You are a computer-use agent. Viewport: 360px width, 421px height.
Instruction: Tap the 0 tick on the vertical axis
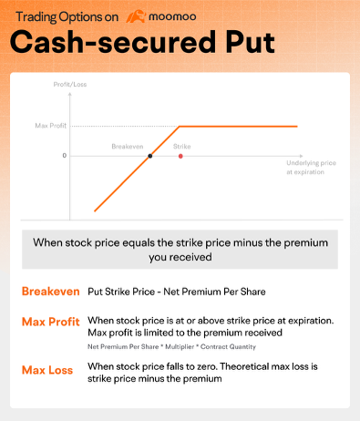64,156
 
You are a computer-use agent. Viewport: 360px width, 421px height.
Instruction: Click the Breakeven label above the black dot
128,145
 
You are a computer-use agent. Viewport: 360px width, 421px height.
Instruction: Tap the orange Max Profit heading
50,322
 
